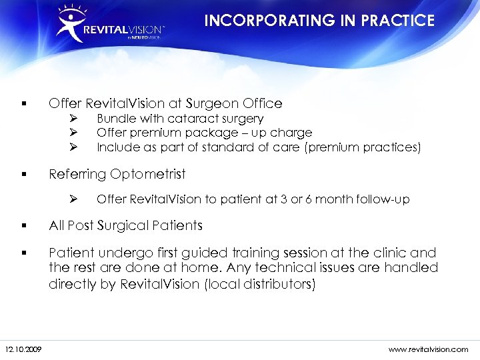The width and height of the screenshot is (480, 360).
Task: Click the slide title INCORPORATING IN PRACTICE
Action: pyautogui.click(x=319, y=21)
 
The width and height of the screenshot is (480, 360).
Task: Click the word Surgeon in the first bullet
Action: pyautogui.click(x=207, y=103)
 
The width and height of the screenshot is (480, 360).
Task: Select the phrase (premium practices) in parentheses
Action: pyautogui.click(x=363, y=147)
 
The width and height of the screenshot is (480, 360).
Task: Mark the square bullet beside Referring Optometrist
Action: pyautogui.click(x=23, y=175)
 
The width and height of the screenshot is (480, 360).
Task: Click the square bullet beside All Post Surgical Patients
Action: pyautogui.click(x=23, y=225)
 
